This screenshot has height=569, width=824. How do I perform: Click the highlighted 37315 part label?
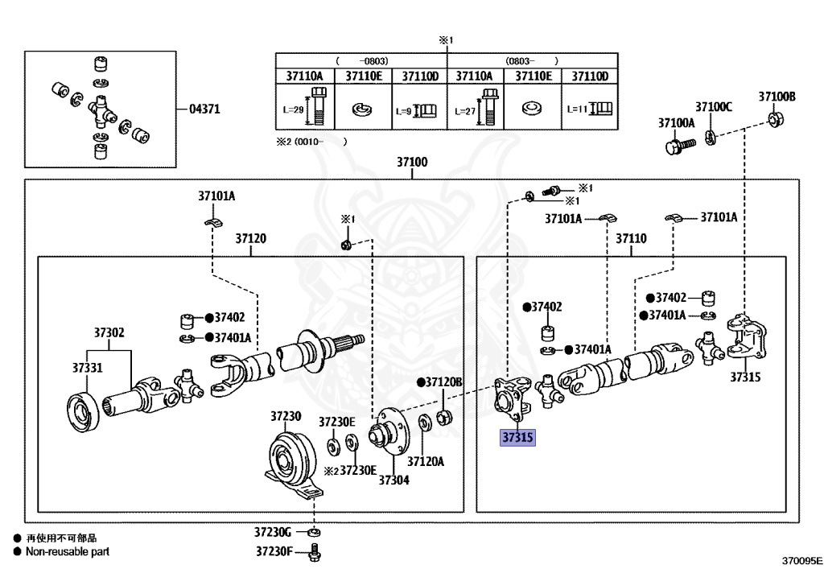pyautogui.click(x=517, y=437)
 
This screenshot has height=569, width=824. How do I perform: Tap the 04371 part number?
pyautogui.click(x=204, y=109)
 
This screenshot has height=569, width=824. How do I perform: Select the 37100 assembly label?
pyautogui.click(x=412, y=162)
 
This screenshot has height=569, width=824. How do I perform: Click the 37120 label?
pyautogui.click(x=251, y=238)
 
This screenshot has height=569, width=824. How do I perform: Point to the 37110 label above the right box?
pyautogui.click(x=631, y=238)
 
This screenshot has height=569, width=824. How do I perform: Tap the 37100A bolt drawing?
pyautogui.click(x=680, y=146)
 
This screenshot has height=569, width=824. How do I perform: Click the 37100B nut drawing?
pyautogui.click(x=775, y=119)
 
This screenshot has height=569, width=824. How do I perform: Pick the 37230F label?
pyautogui.click(x=274, y=551)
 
